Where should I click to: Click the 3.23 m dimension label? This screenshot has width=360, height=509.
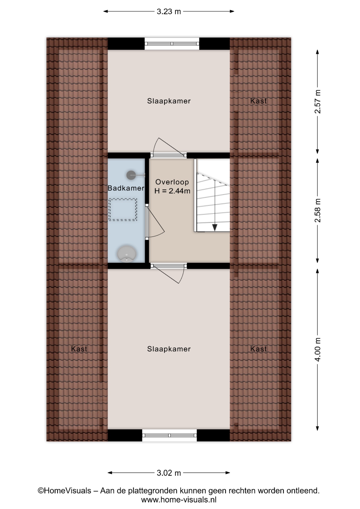click(x=169, y=11)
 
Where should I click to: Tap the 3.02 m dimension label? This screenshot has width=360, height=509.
click(x=169, y=473)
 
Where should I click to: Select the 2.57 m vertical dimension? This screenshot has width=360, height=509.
click(x=318, y=102)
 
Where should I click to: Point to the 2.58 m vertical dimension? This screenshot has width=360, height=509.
click(x=318, y=210)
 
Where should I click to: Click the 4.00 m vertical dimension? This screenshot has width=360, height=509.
click(x=318, y=349)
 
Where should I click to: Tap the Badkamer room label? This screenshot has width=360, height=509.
click(x=126, y=188)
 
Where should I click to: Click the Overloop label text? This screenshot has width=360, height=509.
click(x=172, y=182)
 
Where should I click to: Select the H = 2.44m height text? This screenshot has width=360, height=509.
click(x=172, y=191)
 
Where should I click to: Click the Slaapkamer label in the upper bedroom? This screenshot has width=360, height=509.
click(x=169, y=101)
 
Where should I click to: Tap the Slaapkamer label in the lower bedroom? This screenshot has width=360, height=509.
click(x=169, y=349)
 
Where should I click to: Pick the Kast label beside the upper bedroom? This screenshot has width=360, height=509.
click(x=258, y=101)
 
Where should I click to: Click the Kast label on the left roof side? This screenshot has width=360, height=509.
click(x=79, y=349)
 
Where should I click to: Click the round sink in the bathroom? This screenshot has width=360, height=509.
click(x=127, y=254)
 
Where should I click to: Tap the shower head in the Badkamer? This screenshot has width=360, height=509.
click(x=131, y=175)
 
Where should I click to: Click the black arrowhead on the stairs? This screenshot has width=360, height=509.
click(x=215, y=227)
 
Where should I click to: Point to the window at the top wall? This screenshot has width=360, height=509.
click(x=172, y=44)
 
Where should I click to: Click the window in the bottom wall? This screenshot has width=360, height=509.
click(x=169, y=435)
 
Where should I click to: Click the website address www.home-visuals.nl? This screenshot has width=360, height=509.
click(x=179, y=500)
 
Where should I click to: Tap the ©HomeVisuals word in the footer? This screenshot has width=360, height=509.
click(x=64, y=491)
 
